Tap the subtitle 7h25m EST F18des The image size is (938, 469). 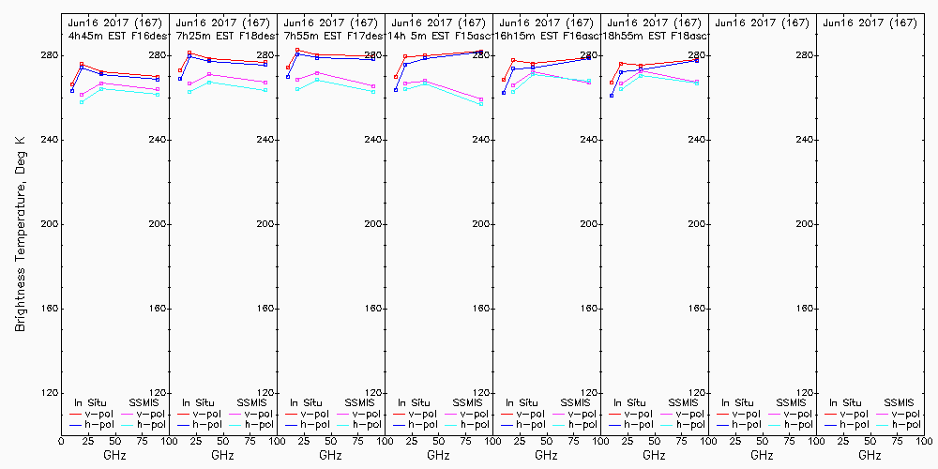223,36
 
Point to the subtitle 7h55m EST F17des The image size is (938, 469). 331,36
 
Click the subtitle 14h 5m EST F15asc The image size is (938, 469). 439,36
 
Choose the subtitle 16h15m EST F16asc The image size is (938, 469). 547,36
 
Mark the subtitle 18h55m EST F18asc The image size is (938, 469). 655,36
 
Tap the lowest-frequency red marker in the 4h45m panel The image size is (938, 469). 72,84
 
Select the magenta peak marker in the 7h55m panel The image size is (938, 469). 317,72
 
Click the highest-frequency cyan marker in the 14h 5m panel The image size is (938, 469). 481,104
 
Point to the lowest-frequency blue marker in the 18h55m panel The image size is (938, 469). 612,96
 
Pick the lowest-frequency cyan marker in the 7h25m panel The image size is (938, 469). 189,91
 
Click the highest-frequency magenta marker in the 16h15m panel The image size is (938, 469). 589,82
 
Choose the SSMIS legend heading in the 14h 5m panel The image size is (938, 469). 467,402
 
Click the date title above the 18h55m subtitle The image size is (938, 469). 654,22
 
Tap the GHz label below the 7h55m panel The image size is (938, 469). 330,455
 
